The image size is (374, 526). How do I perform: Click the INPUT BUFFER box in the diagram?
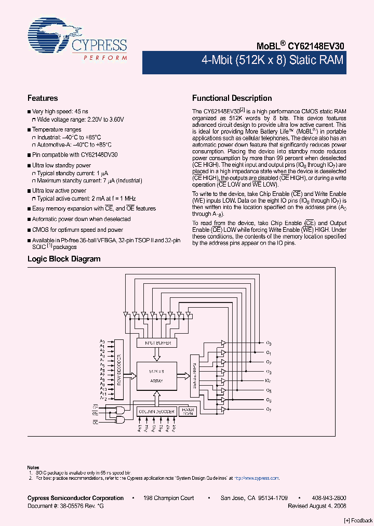(x=156, y=343)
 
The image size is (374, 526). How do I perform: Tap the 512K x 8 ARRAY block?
(x=156, y=376)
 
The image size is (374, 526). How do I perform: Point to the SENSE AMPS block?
(x=193, y=374)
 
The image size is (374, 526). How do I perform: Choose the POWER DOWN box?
(x=187, y=411)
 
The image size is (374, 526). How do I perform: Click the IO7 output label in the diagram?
(x=269, y=410)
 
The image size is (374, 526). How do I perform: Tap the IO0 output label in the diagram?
(x=269, y=344)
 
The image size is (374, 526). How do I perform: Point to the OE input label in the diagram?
(x=95, y=422)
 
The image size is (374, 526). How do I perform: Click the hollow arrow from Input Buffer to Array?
(x=156, y=354)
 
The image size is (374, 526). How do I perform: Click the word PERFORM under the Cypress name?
(x=105, y=57)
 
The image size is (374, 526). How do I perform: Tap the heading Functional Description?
(x=232, y=98)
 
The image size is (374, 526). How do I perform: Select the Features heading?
(x=43, y=98)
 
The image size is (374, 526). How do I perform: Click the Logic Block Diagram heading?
(x=64, y=259)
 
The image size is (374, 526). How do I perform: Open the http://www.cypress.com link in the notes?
(x=256, y=478)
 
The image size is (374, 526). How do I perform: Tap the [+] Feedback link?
(x=358, y=520)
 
